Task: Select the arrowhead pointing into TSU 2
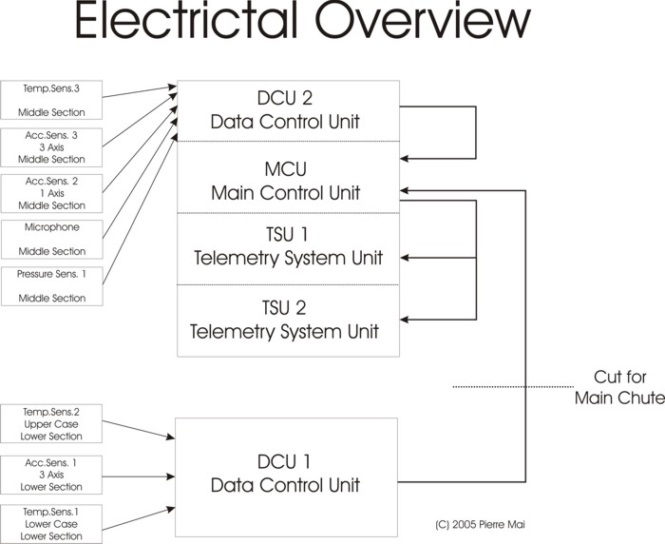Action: [x=406, y=318]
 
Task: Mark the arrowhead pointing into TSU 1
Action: [x=406, y=257]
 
